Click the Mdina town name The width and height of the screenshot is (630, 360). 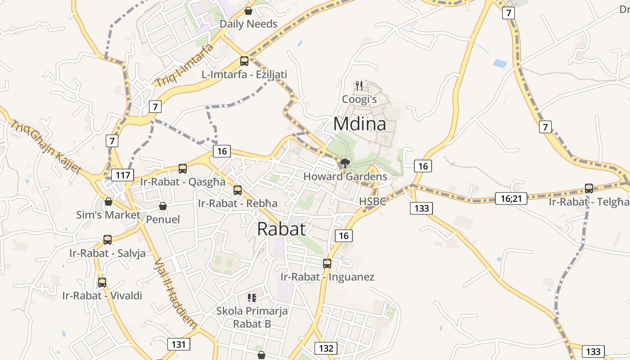click(360, 124)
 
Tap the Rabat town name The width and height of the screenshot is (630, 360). click(282, 229)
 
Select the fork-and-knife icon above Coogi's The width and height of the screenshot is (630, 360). click(359, 85)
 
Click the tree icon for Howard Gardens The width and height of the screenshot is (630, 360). click(345, 163)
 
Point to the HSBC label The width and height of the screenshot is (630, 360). click(373, 201)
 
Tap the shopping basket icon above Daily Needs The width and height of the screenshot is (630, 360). click(248, 11)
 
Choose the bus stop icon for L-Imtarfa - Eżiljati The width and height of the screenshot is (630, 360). click(244, 61)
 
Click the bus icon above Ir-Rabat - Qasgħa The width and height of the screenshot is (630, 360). click(183, 169)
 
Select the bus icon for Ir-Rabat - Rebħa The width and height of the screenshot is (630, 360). click(238, 190)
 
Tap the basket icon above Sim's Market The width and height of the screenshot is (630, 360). click(108, 202)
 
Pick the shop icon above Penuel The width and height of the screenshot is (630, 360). click(163, 206)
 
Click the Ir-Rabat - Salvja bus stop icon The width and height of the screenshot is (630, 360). click(108, 240)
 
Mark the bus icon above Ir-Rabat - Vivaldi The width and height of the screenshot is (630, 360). click(102, 283)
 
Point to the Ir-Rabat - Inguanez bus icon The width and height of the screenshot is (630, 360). click(327, 264)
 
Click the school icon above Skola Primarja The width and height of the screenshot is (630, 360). click(252, 297)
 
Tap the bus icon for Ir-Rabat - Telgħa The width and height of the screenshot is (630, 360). click(589, 189)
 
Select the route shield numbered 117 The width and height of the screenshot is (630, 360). click(123, 175)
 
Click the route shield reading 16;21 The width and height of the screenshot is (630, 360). click(511, 198)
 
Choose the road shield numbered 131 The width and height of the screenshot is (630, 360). click(179, 344)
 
